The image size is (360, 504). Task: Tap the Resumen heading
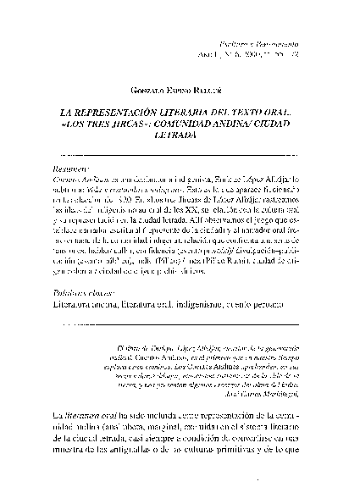71,169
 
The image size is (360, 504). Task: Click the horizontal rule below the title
179,155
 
